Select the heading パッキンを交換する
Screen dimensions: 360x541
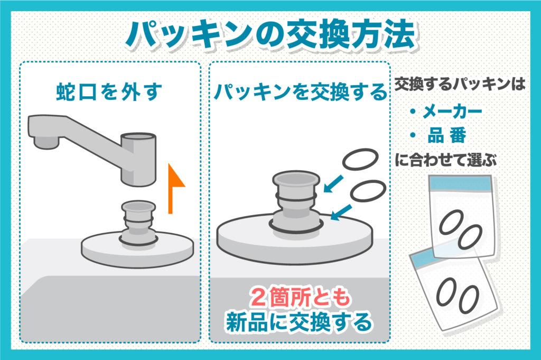(300, 92)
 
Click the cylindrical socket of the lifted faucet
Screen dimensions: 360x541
(139, 159)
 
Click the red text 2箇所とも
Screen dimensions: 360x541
(299, 300)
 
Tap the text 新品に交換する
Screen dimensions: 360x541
(299, 322)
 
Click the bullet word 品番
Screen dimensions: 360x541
(447, 135)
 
